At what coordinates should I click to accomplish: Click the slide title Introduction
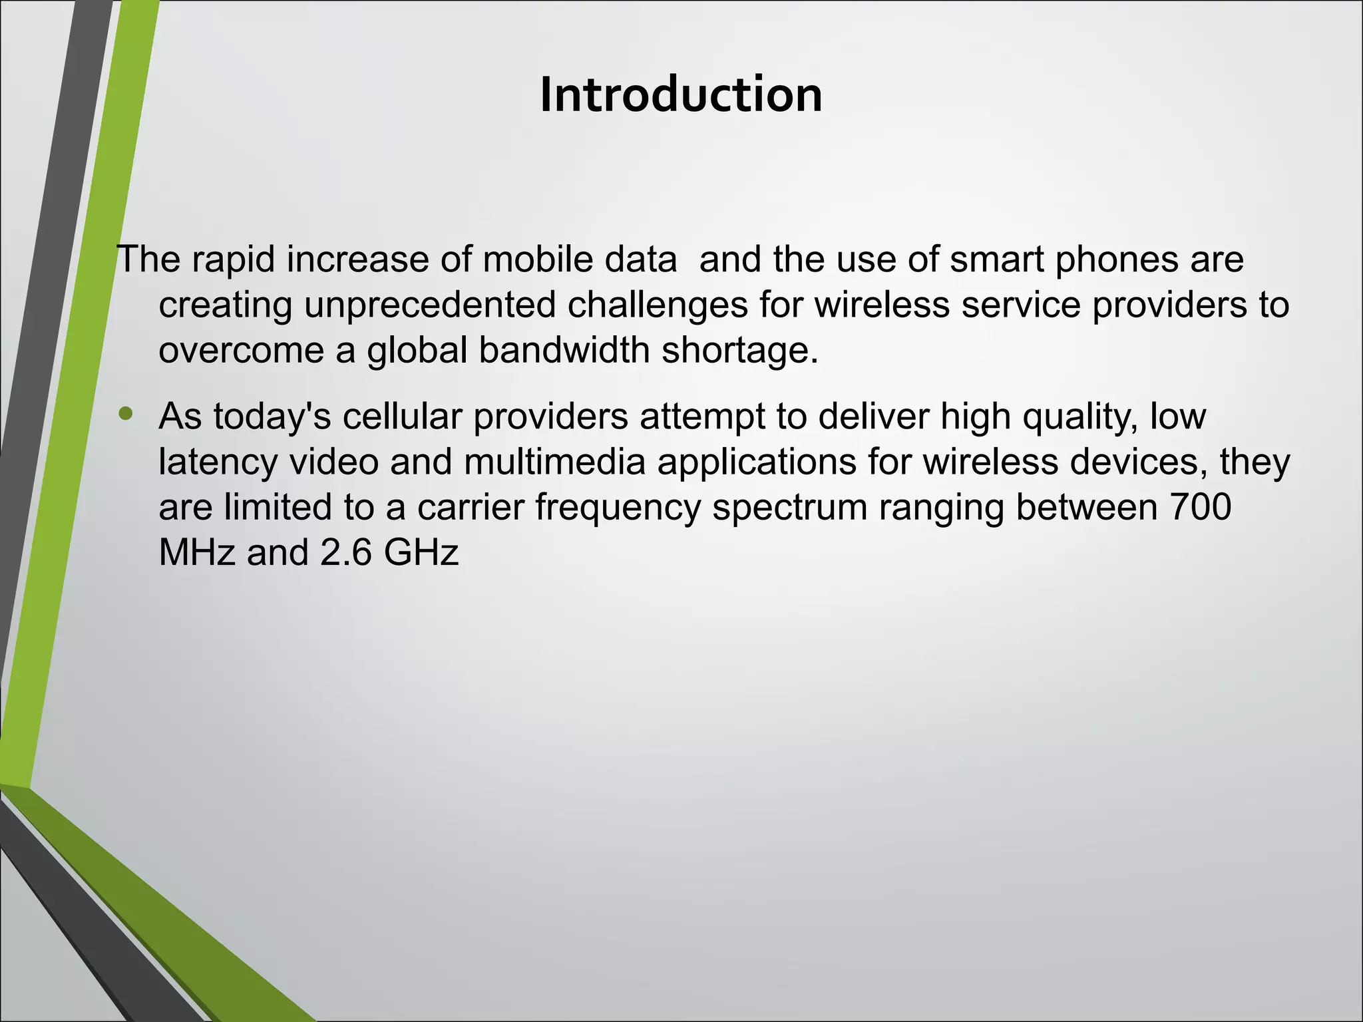tap(681, 94)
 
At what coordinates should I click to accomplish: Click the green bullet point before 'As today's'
tap(125, 415)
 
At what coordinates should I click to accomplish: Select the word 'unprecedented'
tap(430, 305)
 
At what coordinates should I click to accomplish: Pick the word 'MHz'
tap(197, 553)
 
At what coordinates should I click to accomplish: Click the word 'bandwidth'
tap(564, 350)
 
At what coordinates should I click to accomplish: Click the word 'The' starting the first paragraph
tap(148, 259)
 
